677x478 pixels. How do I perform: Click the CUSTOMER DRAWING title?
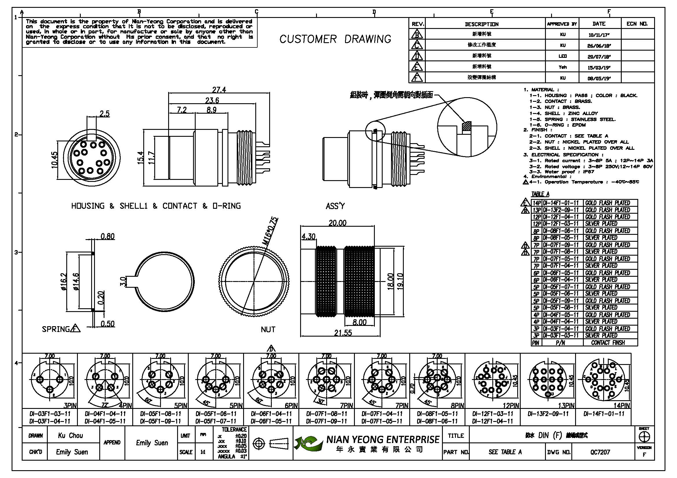pos(335,39)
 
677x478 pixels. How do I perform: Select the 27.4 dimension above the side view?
pos(219,90)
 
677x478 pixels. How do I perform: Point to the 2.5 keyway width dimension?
pos(104,114)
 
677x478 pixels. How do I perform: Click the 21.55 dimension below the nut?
pos(343,333)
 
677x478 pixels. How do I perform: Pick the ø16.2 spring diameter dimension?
pos(64,282)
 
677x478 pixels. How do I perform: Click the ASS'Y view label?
pos(335,206)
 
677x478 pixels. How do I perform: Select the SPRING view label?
pos(56,329)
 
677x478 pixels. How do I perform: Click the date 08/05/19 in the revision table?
pos(599,79)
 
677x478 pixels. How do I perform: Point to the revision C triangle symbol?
pos(417,45)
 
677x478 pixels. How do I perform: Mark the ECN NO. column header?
pos(637,24)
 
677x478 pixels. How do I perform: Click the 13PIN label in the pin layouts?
pos(566,405)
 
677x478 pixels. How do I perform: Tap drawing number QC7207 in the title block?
pos(600,452)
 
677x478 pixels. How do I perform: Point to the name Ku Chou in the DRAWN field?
pos(70,435)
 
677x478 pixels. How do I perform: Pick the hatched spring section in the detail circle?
pos(467,126)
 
